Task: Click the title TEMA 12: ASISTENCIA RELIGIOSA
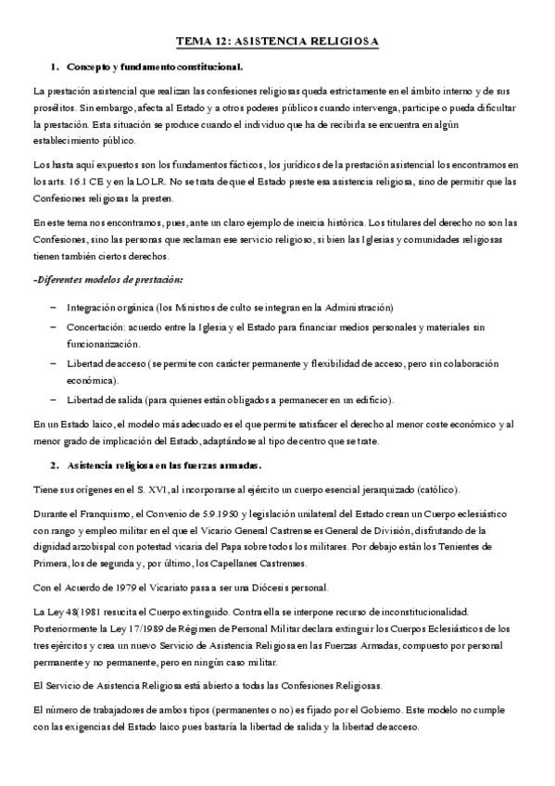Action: point(277,42)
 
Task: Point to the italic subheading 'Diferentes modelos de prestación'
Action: point(107,280)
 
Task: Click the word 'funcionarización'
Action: point(103,343)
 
